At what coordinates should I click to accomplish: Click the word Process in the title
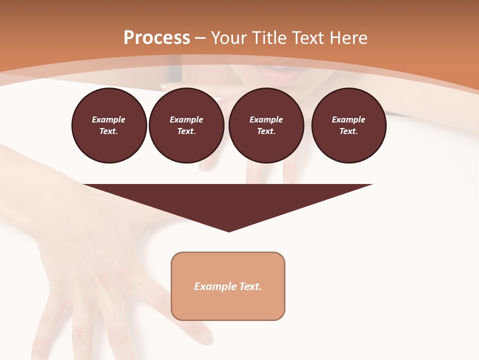(157, 38)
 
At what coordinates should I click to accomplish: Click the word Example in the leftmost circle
(109, 119)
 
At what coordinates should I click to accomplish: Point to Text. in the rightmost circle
(348, 131)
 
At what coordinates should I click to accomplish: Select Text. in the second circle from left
(186, 131)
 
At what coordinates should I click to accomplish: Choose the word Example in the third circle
(266, 119)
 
